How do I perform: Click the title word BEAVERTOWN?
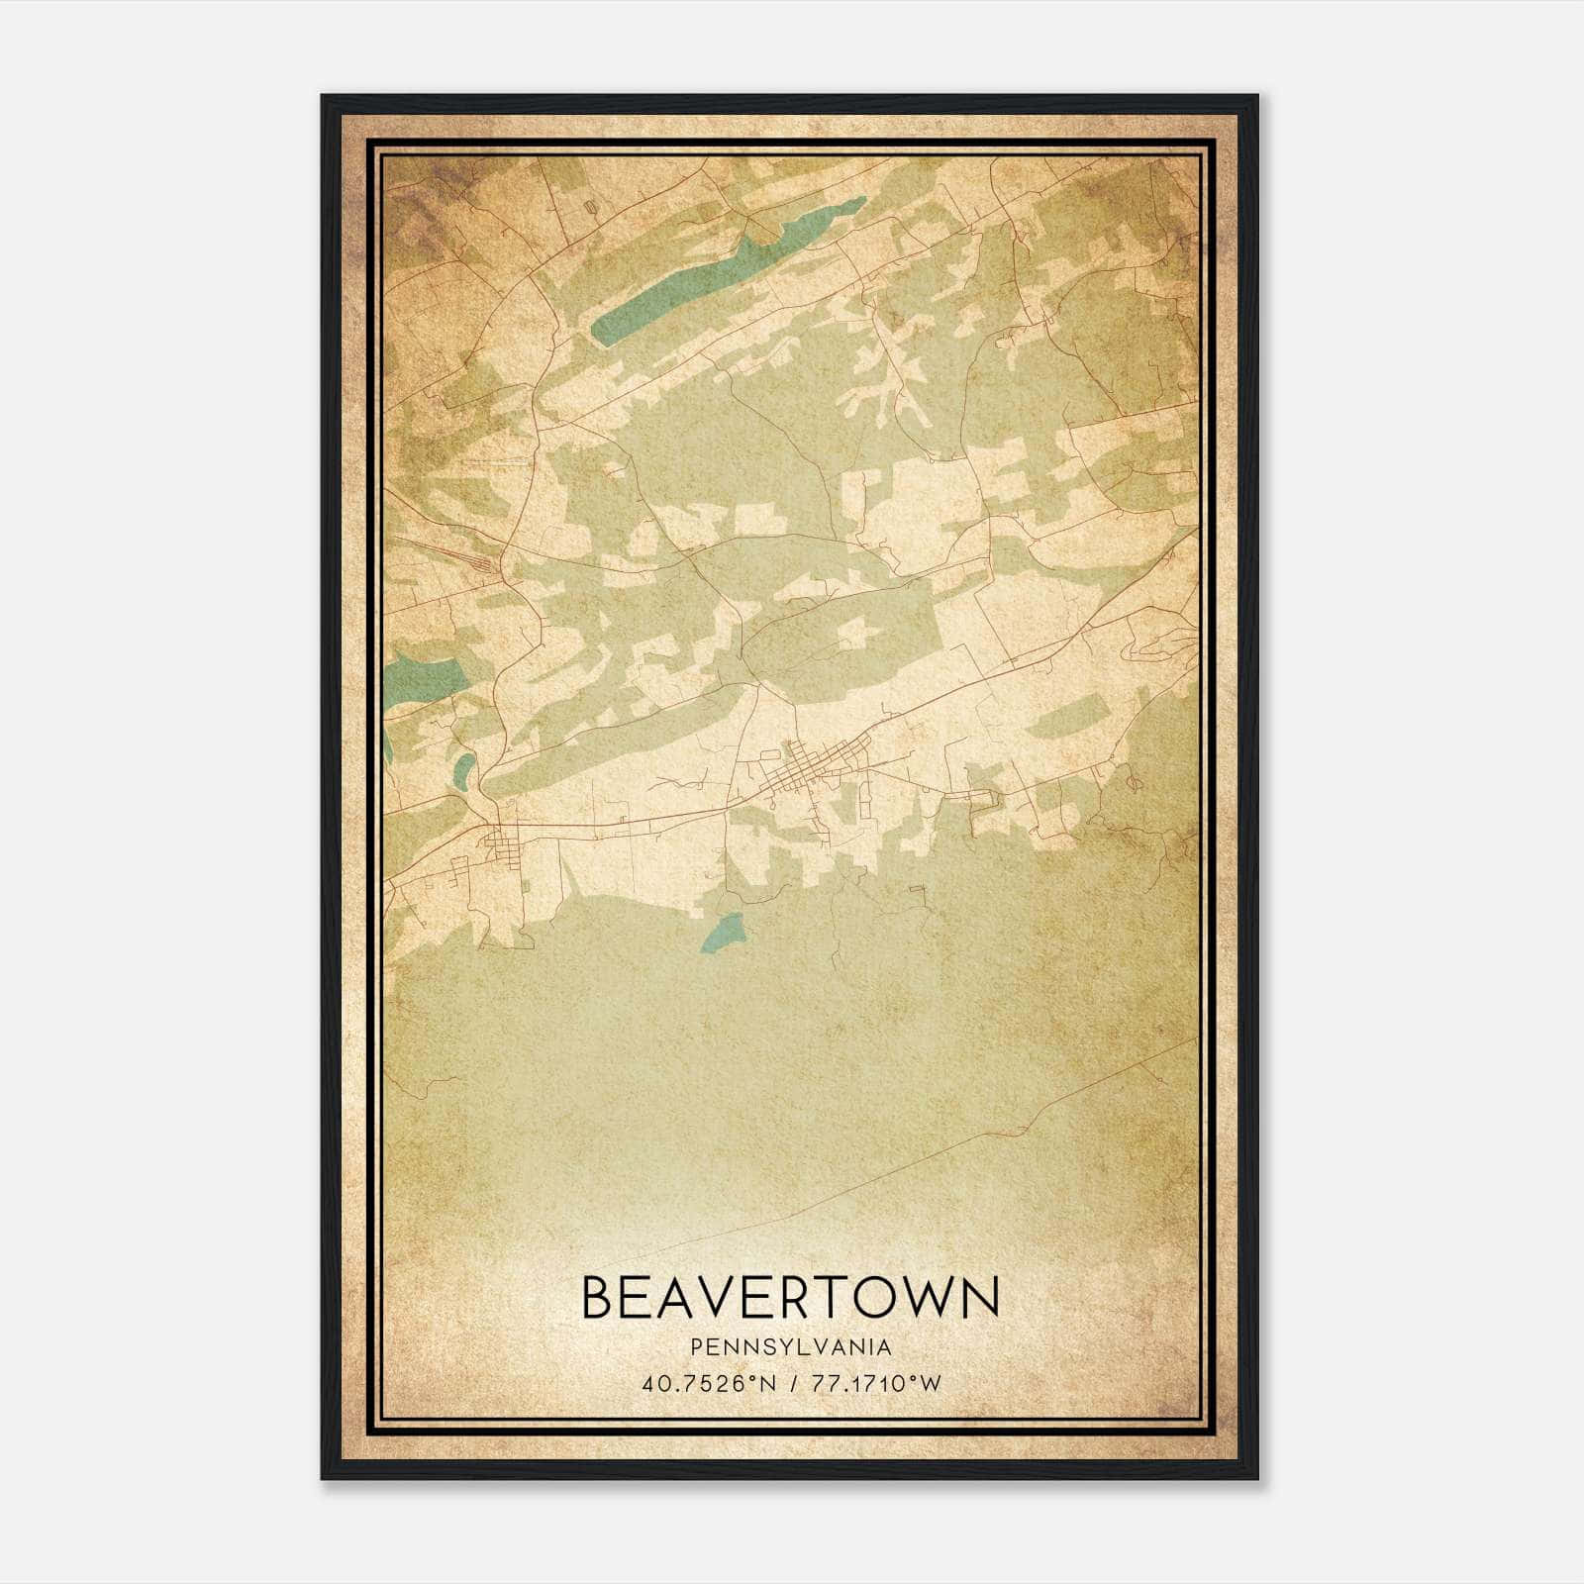[x=790, y=1298]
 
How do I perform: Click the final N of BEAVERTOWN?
[x=980, y=1298]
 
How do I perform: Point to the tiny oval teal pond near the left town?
[x=463, y=766]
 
